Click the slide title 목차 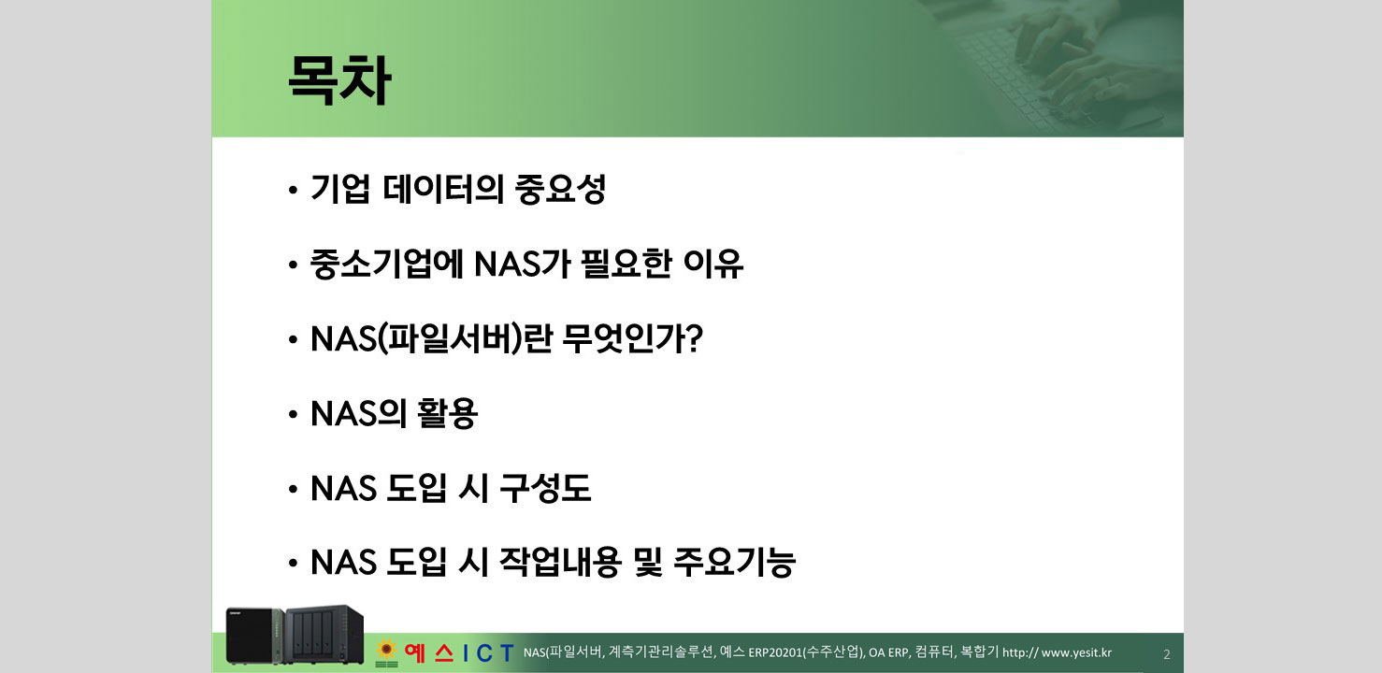click(x=338, y=81)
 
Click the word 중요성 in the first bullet click(x=560, y=191)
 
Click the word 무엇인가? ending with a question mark click(x=633, y=340)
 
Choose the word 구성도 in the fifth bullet click(x=546, y=489)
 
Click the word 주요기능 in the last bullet click(x=734, y=563)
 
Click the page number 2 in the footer click(x=1166, y=654)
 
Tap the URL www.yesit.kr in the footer click(x=1076, y=652)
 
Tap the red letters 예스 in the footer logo click(x=428, y=652)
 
